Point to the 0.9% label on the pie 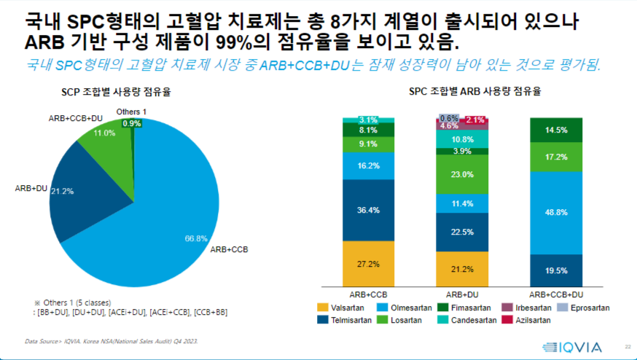(132, 124)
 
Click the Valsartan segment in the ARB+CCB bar (368, 263)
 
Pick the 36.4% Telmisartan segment (368, 210)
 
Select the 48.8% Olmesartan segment (556, 212)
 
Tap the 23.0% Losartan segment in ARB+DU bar (462, 175)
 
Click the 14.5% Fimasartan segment (556, 130)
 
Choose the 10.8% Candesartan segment (462, 139)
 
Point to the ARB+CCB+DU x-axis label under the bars (556, 294)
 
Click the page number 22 (628, 345)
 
